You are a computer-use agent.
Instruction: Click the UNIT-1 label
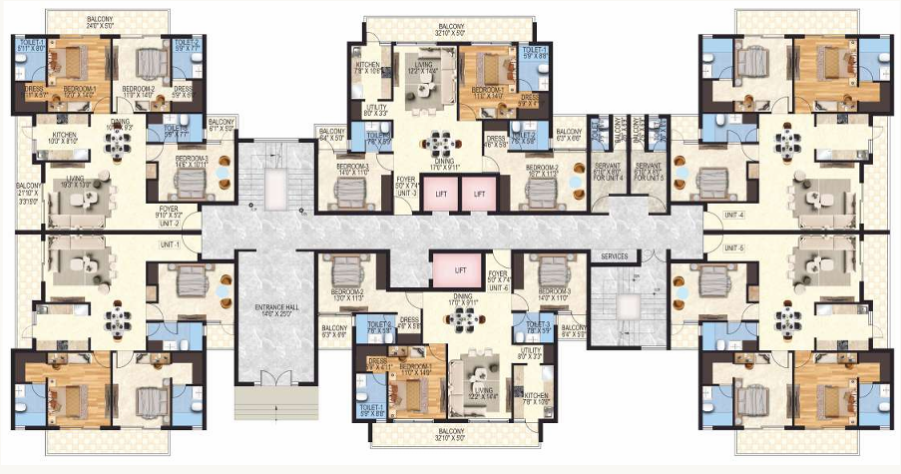(x=171, y=244)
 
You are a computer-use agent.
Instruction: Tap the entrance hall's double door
(x=265, y=378)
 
